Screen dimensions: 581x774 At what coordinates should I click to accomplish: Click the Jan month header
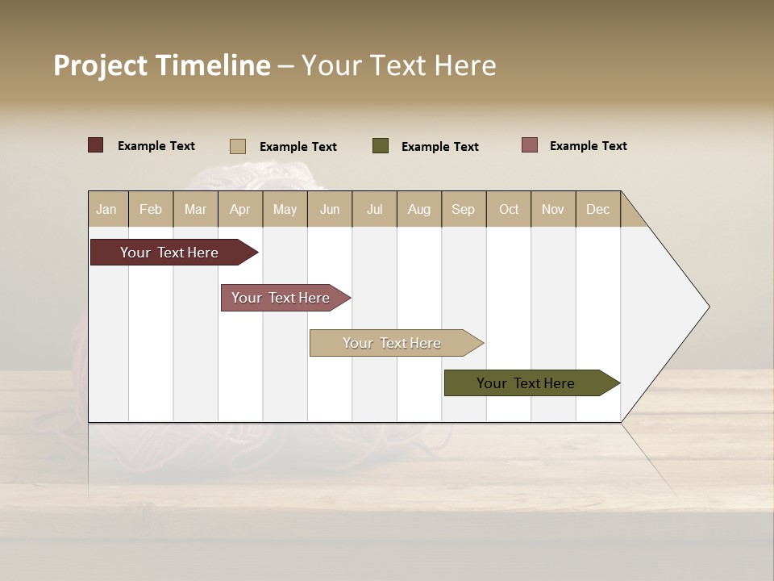click(107, 209)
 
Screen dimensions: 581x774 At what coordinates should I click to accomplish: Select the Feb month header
click(151, 209)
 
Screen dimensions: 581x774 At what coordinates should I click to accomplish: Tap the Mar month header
click(195, 209)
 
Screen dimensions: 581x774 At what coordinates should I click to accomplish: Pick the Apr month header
click(240, 209)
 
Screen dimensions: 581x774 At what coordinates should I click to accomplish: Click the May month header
click(285, 209)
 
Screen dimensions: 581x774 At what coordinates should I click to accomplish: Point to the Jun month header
click(330, 209)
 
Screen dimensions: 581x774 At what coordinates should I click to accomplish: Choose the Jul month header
click(374, 209)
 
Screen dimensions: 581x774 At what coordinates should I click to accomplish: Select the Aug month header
click(419, 209)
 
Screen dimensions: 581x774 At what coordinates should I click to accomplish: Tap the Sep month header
click(464, 209)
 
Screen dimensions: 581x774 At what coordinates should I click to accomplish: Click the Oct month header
click(509, 209)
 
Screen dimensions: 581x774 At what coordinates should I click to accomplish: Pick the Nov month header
click(553, 209)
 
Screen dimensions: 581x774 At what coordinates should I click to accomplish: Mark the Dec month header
click(598, 209)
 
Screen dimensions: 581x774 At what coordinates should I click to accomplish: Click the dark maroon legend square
click(96, 145)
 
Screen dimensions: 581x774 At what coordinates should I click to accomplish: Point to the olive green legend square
click(381, 146)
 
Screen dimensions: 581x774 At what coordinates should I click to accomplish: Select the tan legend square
click(238, 146)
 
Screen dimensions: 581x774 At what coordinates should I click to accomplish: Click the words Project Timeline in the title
click(162, 65)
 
